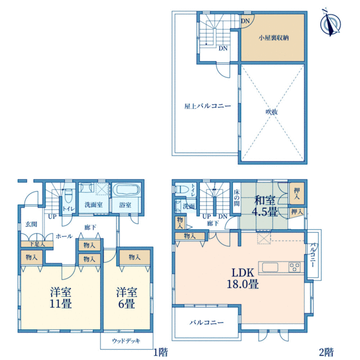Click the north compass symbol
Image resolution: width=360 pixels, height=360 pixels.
click(331, 23)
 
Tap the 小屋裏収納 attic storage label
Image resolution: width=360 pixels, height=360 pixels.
click(273, 38)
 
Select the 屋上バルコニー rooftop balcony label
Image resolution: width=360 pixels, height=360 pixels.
click(208, 106)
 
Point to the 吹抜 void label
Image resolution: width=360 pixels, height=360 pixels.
click(272, 112)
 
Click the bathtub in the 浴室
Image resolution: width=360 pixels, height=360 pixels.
click(128, 190)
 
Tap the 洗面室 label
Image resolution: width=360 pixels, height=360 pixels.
click(94, 205)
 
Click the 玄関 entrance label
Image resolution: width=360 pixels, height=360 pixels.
click(31, 224)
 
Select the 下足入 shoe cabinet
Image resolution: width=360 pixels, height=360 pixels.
click(37, 244)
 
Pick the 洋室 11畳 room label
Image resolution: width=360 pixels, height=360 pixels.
click(61, 298)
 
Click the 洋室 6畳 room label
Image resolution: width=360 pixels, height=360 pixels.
click(127, 298)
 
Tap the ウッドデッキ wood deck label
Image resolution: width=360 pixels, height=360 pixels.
click(126, 341)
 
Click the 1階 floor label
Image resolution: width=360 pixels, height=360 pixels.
click(161, 352)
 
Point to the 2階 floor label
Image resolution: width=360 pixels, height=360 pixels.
click(326, 352)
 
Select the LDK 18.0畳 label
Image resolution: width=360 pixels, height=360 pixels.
click(243, 278)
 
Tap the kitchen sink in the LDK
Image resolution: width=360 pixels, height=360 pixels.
click(270, 268)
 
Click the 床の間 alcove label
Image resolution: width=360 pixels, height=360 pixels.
click(236, 197)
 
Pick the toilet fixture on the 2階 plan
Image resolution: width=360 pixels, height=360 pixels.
click(182, 190)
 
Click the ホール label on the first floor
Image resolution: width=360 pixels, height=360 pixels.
click(64, 236)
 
